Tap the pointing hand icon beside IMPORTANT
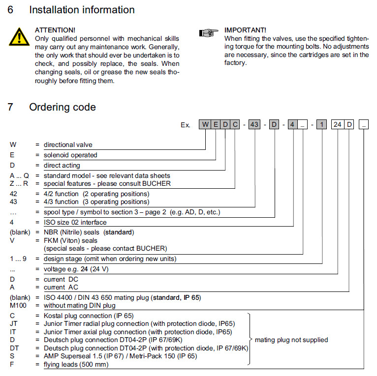click(x=208, y=33)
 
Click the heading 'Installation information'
click(x=82, y=10)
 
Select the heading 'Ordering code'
click(x=63, y=107)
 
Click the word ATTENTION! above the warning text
click(x=55, y=30)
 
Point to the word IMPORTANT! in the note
click(x=245, y=30)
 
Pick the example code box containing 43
click(x=254, y=125)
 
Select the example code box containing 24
click(x=337, y=125)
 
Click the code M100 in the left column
click(x=18, y=305)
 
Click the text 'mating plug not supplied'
click(x=291, y=340)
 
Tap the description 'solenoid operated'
click(x=70, y=155)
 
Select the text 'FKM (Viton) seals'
click(x=70, y=240)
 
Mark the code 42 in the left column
click(x=14, y=194)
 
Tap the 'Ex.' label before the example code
click(x=185, y=125)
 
